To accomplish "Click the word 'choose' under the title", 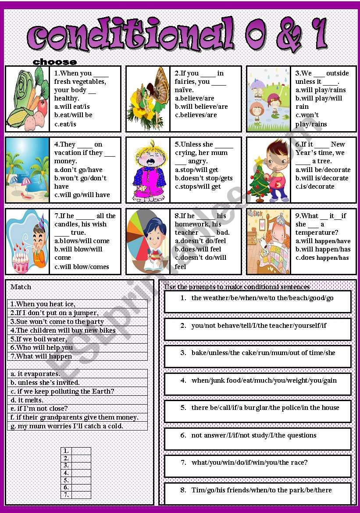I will click(x=55, y=62).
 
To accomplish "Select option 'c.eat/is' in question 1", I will click(x=65, y=124).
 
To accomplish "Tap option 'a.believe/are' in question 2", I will click(x=194, y=98).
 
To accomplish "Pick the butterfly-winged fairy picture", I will click(x=148, y=99).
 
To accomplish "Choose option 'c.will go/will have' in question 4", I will click(x=82, y=195).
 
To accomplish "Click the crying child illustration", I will click(x=147, y=170).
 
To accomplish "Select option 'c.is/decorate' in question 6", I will click(x=315, y=187).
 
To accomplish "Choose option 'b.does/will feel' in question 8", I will click(x=198, y=249).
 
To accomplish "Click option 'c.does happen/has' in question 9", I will click(x=322, y=258).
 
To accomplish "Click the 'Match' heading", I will click(x=21, y=287).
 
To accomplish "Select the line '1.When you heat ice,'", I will click(x=43, y=304).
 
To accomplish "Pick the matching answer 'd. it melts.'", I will click(x=27, y=400).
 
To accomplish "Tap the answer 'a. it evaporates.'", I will click(x=36, y=374).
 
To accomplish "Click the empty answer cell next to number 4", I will click(x=81, y=473).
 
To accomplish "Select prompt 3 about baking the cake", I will click(x=263, y=352).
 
